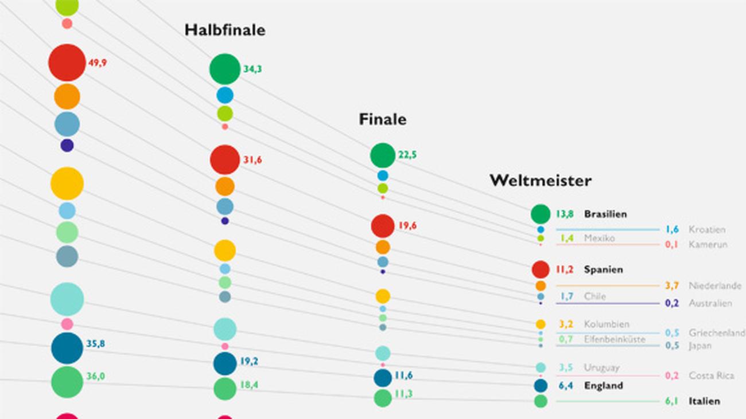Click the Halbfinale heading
[225, 30]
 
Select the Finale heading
[382, 119]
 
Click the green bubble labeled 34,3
[225, 69]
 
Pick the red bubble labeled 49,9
[67, 62]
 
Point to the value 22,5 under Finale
[407, 155]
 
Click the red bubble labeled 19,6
[383, 226]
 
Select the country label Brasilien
[605, 214]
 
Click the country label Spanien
[603, 269]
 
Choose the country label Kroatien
[707, 229]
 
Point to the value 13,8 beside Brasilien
[565, 214]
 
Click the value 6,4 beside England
[566, 386]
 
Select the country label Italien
[704, 401]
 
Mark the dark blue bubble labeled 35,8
[67, 348]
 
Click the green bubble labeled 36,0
[67, 382]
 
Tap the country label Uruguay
[601, 367]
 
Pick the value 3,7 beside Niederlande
[672, 285]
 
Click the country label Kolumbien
[607, 324]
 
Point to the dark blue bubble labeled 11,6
[383, 378]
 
